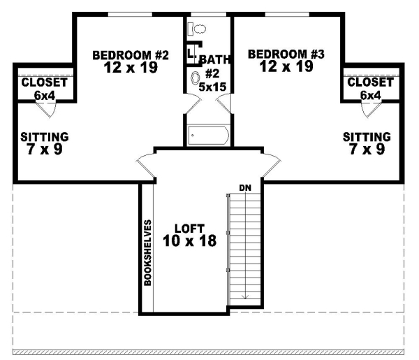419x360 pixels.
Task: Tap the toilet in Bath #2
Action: (x=197, y=29)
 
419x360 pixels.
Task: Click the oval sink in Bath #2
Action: (x=195, y=79)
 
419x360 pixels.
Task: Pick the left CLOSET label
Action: (x=44, y=82)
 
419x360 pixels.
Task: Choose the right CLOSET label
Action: (x=369, y=82)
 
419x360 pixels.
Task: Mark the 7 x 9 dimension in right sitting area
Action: (x=367, y=149)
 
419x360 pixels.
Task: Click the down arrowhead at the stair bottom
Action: (x=245, y=296)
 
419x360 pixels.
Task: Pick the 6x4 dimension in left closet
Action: (x=44, y=94)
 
